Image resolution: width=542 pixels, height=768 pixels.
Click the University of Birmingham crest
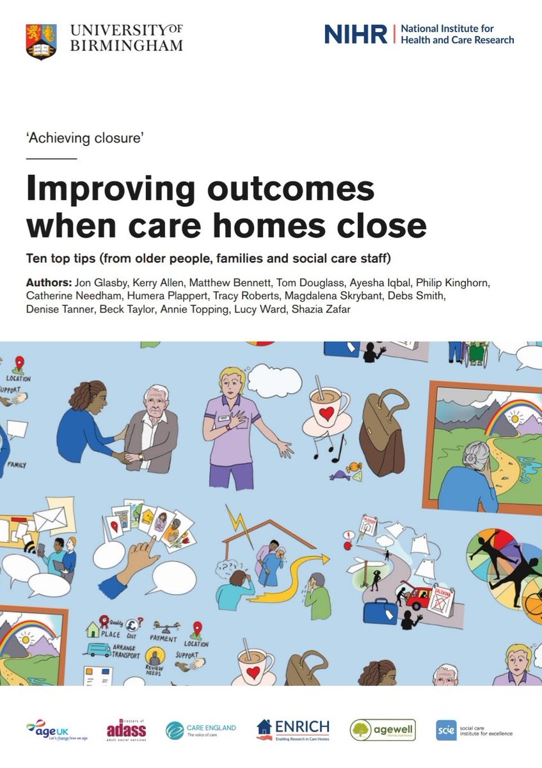[x=40, y=42]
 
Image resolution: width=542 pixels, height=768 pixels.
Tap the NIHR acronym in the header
[x=355, y=34]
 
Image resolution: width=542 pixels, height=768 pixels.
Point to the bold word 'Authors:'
[x=49, y=282]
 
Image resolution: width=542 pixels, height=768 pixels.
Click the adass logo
[x=127, y=729]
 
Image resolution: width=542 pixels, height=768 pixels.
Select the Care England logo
[x=201, y=730]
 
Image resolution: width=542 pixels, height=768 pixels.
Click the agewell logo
[x=382, y=730]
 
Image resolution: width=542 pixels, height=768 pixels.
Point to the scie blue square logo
[x=446, y=730]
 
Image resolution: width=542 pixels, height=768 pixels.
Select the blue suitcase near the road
[x=381, y=611]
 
